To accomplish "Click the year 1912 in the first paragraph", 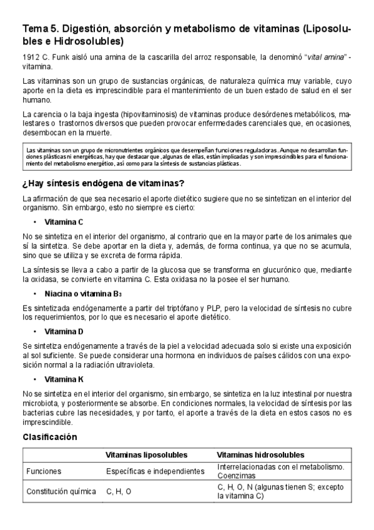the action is (x=30, y=57).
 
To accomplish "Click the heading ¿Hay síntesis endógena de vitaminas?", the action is (x=103, y=183).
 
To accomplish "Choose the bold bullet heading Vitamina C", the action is (x=64, y=222).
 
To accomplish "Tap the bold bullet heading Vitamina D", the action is (x=64, y=331).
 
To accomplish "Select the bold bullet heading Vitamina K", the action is (x=64, y=379).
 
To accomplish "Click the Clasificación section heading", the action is (x=50, y=437).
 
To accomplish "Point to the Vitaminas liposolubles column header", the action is (x=147, y=455).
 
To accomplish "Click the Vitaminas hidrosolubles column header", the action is (x=260, y=455).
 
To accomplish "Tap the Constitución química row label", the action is (x=61, y=491).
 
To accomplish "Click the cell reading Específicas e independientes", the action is (x=155, y=471).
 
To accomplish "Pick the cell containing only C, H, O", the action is (x=119, y=491).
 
